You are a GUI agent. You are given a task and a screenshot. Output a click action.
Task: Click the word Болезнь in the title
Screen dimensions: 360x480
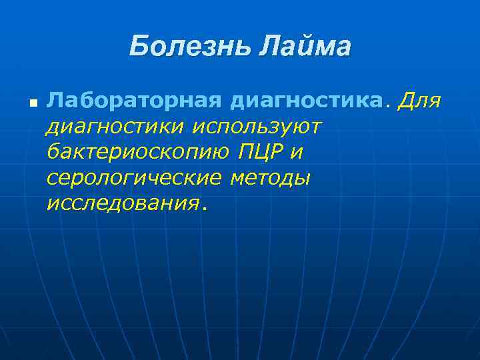(189, 47)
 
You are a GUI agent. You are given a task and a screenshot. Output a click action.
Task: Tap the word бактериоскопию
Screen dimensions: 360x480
(137, 152)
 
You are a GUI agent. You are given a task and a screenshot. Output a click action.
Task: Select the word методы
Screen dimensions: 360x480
(270, 178)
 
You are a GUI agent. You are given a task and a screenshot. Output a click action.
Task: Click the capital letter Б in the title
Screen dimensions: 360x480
(138, 47)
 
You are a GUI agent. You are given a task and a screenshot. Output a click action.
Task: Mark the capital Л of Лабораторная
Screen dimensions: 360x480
(55, 101)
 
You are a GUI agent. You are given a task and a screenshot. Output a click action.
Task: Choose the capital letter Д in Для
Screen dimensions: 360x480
(405, 101)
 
